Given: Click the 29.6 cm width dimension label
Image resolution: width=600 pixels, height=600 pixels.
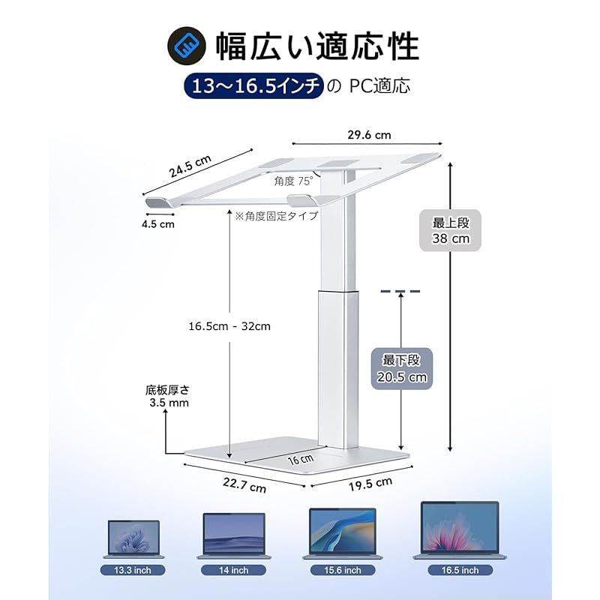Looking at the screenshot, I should coord(369,135).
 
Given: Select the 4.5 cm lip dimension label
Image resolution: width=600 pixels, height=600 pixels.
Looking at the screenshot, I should coord(158,223).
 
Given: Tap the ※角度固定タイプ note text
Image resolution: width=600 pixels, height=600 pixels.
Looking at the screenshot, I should coord(276,215).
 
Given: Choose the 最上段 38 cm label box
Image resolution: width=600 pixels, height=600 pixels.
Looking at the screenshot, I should coord(450,230).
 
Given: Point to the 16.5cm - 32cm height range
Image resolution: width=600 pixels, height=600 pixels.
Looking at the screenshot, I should coord(229,326).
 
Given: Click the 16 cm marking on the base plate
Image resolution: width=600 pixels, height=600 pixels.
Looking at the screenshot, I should coord(303,457).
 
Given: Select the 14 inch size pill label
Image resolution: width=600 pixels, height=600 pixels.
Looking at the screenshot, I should coord(234,570).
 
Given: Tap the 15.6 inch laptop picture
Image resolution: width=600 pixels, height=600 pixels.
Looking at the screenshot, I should coord(342,534).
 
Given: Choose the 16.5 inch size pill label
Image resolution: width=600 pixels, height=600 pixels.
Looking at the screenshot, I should coord(460,570).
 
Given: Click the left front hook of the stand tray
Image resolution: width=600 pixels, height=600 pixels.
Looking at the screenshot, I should coord(158,202).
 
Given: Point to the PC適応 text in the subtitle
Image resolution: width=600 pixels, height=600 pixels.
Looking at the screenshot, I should coord(379,86).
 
